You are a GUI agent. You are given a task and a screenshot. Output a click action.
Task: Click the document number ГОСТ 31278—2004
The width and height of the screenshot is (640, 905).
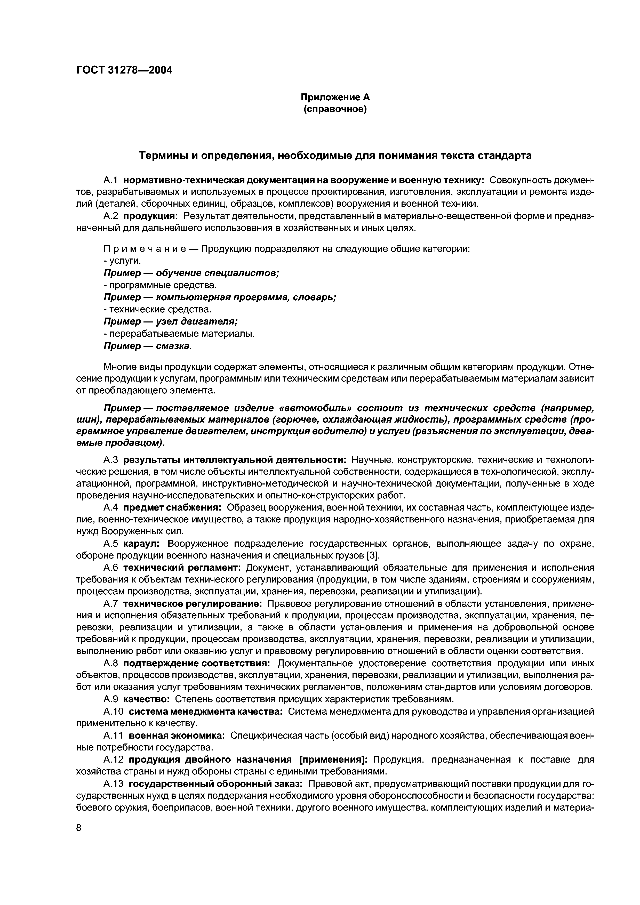point(124,70)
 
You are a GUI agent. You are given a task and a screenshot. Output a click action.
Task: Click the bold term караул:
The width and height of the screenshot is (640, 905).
point(141,544)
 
